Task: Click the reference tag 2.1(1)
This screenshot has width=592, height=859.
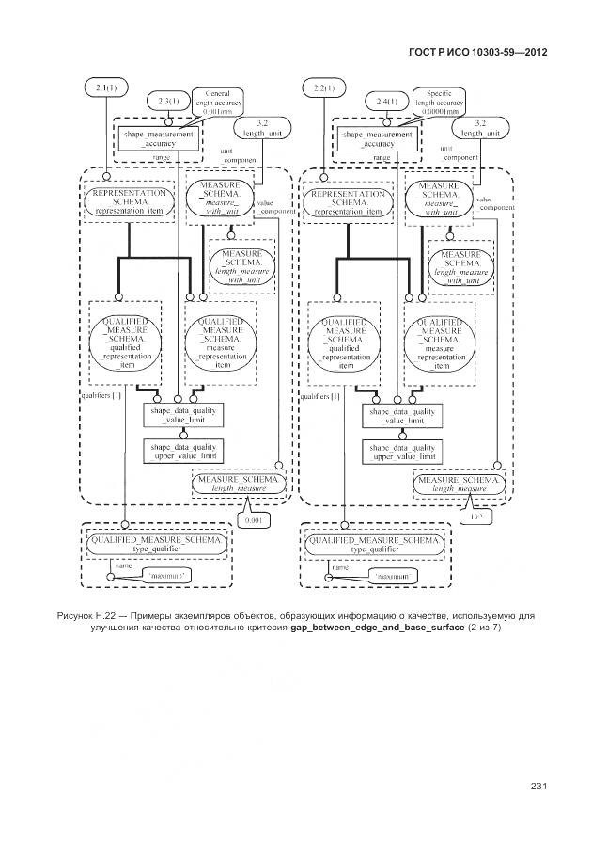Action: [x=105, y=88]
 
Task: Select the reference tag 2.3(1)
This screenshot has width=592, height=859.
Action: [x=168, y=101]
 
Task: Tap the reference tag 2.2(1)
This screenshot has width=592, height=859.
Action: [x=322, y=88]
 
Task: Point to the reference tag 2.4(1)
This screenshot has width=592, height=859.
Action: [x=385, y=101]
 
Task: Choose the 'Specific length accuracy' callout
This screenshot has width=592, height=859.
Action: [x=439, y=102]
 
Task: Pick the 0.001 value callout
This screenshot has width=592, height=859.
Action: [x=255, y=518]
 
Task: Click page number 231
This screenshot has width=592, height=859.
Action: [x=537, y=787]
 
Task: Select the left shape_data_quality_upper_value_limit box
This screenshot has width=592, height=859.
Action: [x=184, y=451]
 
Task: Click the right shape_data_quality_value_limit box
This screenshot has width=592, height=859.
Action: [x=402, y=417]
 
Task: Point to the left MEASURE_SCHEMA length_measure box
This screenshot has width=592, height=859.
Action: [x=238, y=485]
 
